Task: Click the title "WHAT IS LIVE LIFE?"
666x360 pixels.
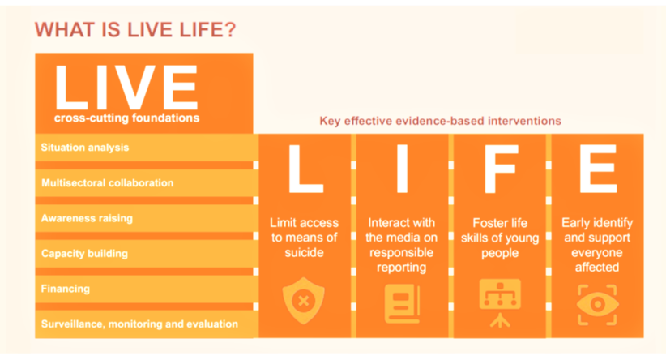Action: [135, 30]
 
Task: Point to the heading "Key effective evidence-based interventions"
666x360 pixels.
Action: [440, 120]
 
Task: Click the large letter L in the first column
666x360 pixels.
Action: [304, 171]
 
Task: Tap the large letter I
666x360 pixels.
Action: [401, 171]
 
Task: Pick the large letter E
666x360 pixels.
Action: [596, 171]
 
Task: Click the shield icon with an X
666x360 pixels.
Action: [304, 300]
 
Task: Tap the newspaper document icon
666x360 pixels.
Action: [401, 302]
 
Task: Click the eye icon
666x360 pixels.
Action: [597, 302]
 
